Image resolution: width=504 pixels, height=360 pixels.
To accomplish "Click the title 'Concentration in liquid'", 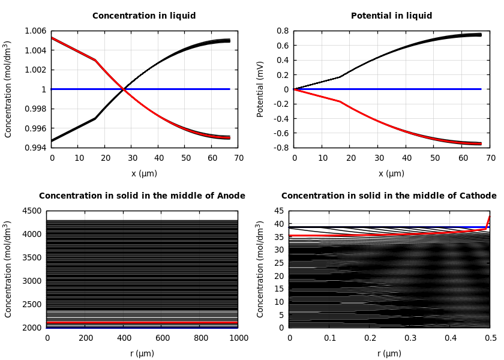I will point(144,16).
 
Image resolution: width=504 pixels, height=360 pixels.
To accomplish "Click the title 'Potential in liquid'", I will point(391,16).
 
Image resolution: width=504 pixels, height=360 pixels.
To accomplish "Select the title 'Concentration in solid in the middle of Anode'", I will point(142,196).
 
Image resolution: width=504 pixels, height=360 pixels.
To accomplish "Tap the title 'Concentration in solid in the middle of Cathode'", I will point(389,196).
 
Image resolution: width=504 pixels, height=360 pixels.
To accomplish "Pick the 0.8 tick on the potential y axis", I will point(283,31).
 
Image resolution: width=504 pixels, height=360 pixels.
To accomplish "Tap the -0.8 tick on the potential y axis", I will point(281,148).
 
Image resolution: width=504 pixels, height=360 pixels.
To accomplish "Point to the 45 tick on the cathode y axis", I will point(279,211).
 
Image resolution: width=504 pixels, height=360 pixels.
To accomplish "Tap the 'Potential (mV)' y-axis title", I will point(260,89).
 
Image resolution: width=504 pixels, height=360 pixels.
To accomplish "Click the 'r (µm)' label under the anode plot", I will point(142,353).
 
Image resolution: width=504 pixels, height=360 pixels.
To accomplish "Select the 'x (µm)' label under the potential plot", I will point(391,173).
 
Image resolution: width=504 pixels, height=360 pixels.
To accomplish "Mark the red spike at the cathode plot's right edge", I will point(488,221).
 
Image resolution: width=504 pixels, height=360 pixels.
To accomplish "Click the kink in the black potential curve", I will point(340,77).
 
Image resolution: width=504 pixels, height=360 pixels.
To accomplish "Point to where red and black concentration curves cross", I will point(123,89).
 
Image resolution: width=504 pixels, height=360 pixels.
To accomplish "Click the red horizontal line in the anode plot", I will point(142,323).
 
